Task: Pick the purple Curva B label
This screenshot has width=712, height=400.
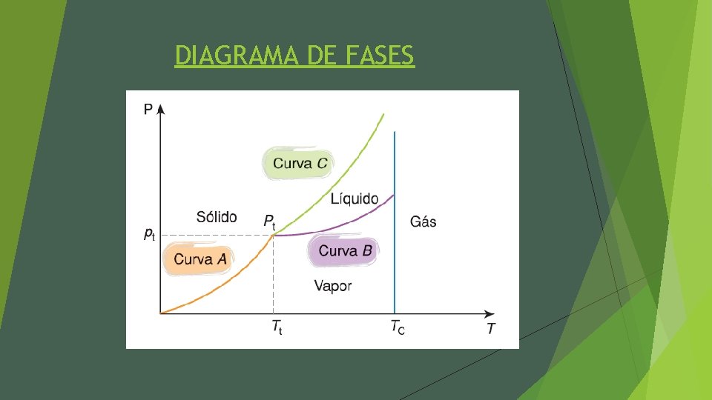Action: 345,250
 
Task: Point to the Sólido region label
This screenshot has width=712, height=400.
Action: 217,217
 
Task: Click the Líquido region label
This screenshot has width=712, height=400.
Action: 354,199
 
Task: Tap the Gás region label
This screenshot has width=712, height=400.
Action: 423,221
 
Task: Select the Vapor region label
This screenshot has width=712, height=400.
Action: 333,286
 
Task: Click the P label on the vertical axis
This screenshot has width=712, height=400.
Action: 148,109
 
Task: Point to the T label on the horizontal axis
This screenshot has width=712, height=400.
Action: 490,329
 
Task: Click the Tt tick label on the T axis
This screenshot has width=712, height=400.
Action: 276,327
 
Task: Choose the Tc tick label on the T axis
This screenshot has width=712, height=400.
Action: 398,326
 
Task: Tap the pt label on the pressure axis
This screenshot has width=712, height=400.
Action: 149,234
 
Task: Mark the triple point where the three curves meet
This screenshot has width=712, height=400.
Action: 274,235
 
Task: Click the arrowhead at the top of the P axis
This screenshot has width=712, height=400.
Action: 161,109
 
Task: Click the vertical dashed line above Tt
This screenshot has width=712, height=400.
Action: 274,274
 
